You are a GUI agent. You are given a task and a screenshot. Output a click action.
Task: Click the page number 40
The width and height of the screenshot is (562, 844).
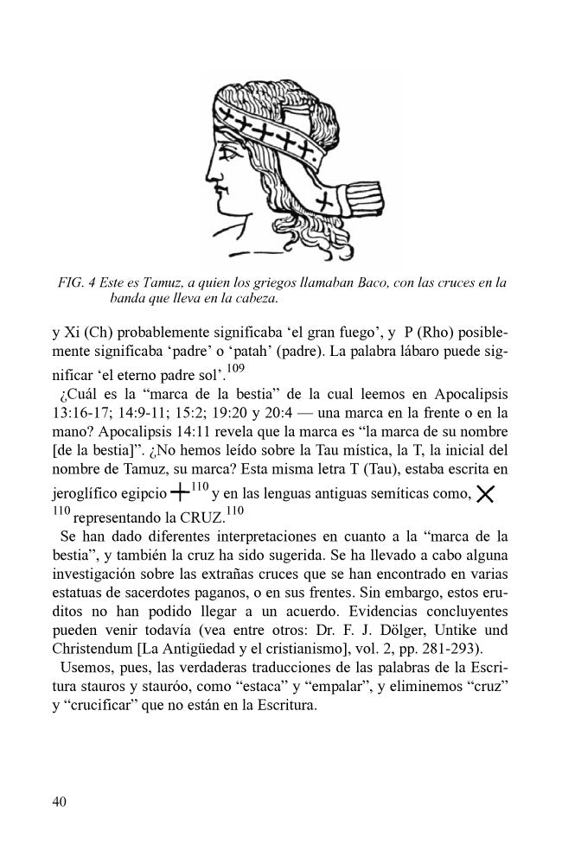pos(60,802)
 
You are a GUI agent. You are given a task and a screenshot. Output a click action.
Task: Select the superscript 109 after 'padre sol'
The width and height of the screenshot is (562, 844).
pos(235,367)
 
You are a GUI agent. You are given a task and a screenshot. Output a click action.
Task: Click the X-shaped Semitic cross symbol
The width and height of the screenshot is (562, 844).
pos(485,494)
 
